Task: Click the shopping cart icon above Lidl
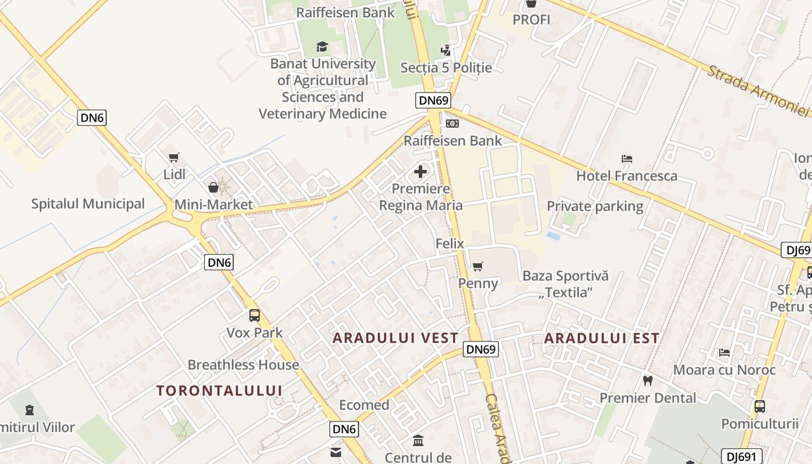[173, 157]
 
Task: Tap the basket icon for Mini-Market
[213, 187]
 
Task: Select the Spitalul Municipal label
[88, 204]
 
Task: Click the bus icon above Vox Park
[255, 316]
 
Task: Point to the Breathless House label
[243, 365]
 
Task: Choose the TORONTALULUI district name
[219, 390]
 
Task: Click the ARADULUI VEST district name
[396, 338]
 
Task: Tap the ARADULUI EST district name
[601, 338]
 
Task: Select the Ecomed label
[364, 405]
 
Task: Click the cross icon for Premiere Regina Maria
[420, 172]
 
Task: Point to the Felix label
[449, 244]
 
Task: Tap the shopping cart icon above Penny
[478, 267]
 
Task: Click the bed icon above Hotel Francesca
[626, 158]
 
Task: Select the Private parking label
[595, 206]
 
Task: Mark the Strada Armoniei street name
[757, 90]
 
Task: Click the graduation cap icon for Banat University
[322, 47]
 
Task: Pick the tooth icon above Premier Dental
[648, 381]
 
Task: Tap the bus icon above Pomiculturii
[760, 407]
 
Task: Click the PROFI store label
[531, 20]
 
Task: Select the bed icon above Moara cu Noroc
[724, 352]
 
